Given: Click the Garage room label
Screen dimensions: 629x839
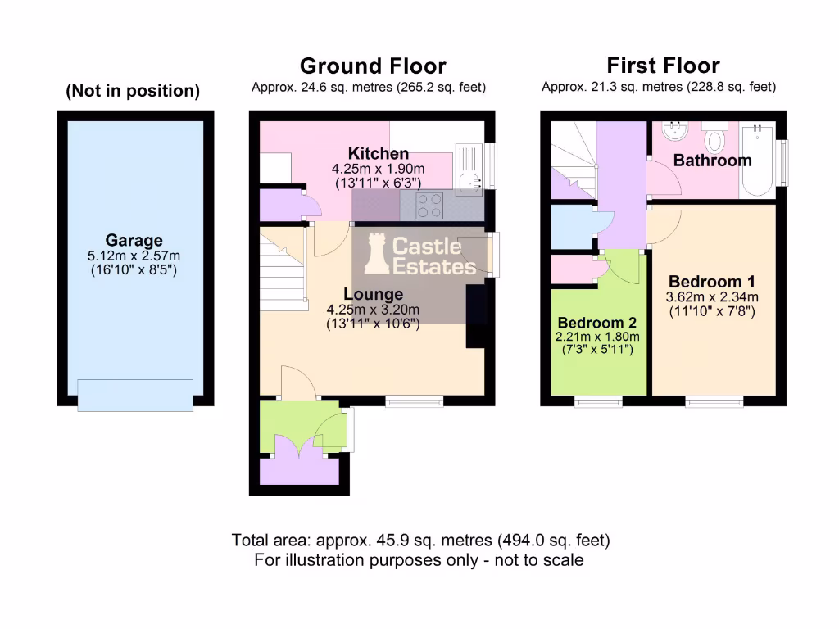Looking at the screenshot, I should (x=135, y=241).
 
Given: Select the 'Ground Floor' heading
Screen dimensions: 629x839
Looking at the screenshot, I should (x=373, y=66).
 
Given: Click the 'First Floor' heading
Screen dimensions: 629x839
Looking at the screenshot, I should (x=663, y=66).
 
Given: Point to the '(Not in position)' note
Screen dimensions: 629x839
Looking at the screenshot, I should (x=133, y=92).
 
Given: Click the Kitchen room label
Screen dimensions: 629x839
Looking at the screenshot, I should (x=378, y=154).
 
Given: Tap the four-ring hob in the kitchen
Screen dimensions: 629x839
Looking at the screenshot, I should (x=431, y=206).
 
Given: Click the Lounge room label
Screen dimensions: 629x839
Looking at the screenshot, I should (x=373, y=294).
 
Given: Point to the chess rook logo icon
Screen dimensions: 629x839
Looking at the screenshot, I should (x=376, y=253).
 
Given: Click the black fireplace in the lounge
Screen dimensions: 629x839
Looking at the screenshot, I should (x=475, y=317).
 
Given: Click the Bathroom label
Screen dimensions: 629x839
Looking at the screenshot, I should (x=712, y=161).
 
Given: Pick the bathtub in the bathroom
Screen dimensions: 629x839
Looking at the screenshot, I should (x=757, y=161).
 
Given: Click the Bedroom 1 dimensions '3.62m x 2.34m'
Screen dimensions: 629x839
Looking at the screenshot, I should (x=713, y=296).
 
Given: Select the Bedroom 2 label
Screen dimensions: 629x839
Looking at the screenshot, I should (x=596, y=323).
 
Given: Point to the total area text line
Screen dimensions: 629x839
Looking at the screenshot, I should (x=420, y=541).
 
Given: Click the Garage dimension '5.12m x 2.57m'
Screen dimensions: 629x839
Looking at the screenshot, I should (x=135, y=256).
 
